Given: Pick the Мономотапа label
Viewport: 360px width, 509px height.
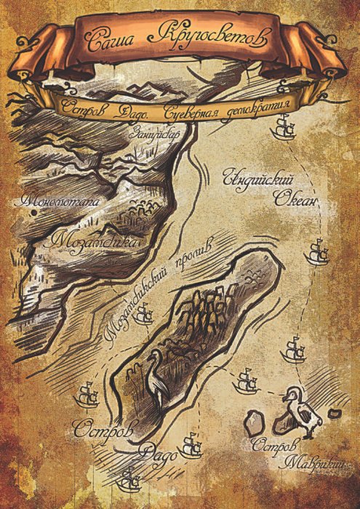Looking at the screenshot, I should pyautogui.click(x=58, y=198).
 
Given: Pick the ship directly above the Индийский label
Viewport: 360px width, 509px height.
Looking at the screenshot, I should pyautogui.click(x=283, y=129).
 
